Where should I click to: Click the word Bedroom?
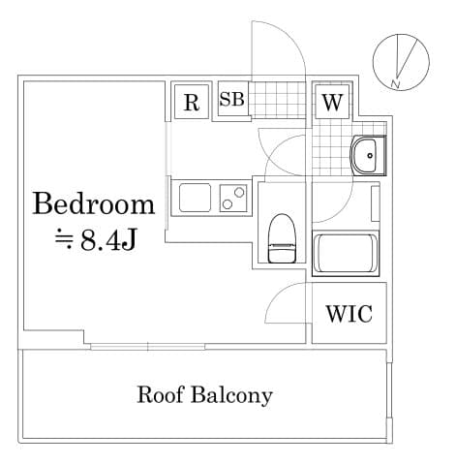94,204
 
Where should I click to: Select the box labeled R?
192,102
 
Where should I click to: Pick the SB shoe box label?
232,100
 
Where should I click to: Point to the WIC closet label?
348,314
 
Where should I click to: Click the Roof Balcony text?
204,395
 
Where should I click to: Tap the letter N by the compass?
395,84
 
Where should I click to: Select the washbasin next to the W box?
366,155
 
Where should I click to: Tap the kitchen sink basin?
196,200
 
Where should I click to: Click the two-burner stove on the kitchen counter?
233,198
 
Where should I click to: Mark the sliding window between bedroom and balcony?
147,346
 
